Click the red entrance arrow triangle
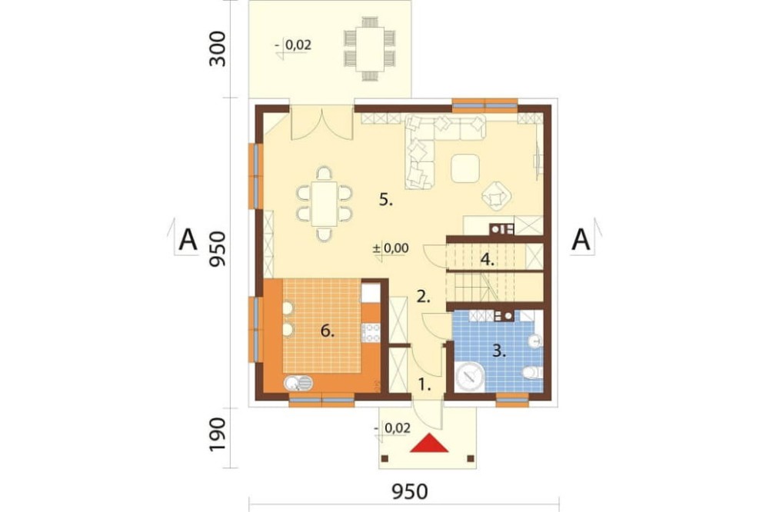click(x=429, y=444)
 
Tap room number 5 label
click(x=386, y=200)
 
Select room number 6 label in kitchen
click(x=328, y=331)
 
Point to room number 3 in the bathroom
click(x=499, y=351)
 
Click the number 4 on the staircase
click(x=487, y=259)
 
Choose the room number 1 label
click(x=424, y=384)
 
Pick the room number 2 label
click(x=423, y=296)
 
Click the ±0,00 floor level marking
click(x=391, y=248)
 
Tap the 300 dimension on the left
click(x=218, y=49)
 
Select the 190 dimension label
click(x=218, y=435)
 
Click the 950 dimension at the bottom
click(x=410, y=491)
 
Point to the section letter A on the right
click(x=581, y=241)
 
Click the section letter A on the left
click(x=188, y=241)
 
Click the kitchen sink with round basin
click(x=298, y=383)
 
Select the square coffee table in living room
click(x=465, y=168)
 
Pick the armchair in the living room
click(x=497, y=196)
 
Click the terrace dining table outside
click(x=371, y=48)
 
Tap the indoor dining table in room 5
click(x=325, y=204)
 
